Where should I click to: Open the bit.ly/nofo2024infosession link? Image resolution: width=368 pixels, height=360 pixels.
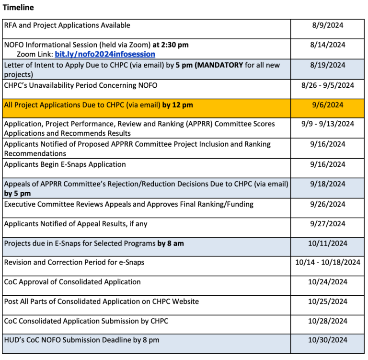click(x=105, y=54)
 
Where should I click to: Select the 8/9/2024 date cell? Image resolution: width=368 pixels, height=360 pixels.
click(x=328, y=25)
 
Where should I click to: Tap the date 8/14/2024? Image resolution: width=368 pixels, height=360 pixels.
click(x=328, y=45)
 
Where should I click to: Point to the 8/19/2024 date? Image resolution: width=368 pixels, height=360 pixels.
click(x=328, y=65)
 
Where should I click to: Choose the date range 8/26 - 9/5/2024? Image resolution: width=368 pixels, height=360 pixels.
click(x=328, y=85)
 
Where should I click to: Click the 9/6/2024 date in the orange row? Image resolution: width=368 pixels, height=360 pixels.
click(x=328, y=105)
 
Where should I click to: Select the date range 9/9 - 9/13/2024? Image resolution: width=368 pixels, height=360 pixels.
click(x=328, y=124)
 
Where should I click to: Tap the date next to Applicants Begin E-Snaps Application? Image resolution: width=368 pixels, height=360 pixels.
click(x=328, y=164)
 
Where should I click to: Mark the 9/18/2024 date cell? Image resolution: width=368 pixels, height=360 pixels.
click(x=328, y=184)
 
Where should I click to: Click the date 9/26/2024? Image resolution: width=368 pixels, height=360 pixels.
click(x=328, y=204)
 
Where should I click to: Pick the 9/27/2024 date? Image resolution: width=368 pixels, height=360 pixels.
click(x=328, y=224)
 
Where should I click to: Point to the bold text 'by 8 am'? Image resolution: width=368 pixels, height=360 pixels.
click(x=171, y=244)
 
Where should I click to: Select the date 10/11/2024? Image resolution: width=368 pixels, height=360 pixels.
click(x=328, y=244)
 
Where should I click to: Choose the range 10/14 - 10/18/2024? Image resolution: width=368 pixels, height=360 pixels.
click(x=328, y=262)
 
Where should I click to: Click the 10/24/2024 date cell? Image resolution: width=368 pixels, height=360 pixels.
click(x=328, y=282)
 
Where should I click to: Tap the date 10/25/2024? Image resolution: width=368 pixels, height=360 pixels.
click(x=328, y=302)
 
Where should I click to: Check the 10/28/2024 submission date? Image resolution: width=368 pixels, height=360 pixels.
click(x=328, y=321)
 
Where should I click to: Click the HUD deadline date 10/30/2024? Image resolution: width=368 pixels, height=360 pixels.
click(x=328, y=340)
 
